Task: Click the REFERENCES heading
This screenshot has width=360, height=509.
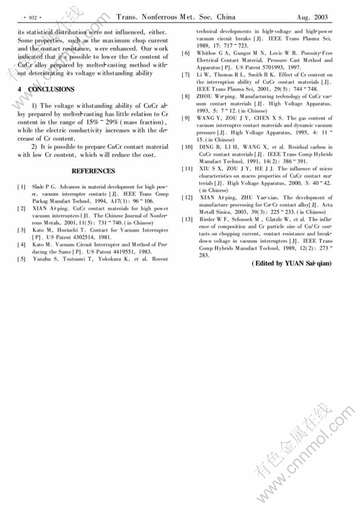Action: click(93, 171)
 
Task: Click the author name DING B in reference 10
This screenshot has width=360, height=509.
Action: click(209, 147)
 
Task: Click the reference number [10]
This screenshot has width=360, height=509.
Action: click(186, 147)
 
